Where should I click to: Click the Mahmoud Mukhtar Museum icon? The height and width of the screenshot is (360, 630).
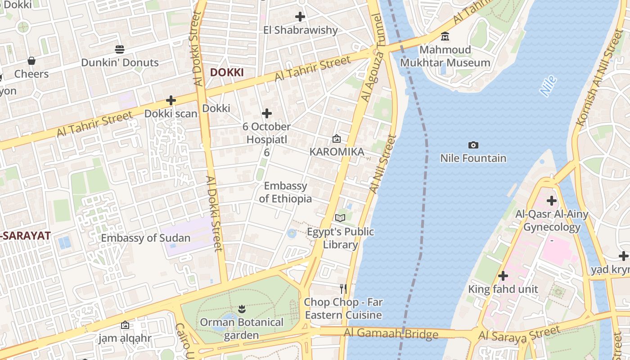(x=445, y=36)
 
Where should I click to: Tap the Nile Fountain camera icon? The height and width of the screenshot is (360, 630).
(x=473, y=145)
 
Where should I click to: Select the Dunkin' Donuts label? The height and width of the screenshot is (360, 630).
(x=120, y=63)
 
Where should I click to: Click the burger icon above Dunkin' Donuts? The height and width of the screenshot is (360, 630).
(x=120, y=49)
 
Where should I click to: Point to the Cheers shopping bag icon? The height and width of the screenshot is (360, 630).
(x=31, y=60)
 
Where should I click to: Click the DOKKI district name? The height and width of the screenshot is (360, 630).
(x=227, y=72)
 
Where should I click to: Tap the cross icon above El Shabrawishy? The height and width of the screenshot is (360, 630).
(x=300, y=17)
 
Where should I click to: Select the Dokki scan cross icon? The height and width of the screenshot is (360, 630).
(x=171, y=100)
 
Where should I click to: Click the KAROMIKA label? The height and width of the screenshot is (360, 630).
(x=337, y=152)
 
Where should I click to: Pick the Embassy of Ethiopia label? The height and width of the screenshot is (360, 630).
(x=285, y=192)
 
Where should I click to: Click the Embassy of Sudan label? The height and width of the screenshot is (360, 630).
(x=145, y=238)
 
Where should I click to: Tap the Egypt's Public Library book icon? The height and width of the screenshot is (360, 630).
(x=340, y=218)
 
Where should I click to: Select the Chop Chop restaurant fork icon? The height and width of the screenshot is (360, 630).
(x=343, y=288)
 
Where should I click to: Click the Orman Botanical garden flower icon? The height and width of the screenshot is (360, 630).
(x=242, y=309)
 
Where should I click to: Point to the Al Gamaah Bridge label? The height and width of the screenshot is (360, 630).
(x=391, y=333)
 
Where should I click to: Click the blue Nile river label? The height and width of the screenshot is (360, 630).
(x=549, y=86)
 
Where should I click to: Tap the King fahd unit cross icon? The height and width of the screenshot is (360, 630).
(x=503, y=275)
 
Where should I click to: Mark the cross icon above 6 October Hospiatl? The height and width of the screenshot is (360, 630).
(x=267, y=113)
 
